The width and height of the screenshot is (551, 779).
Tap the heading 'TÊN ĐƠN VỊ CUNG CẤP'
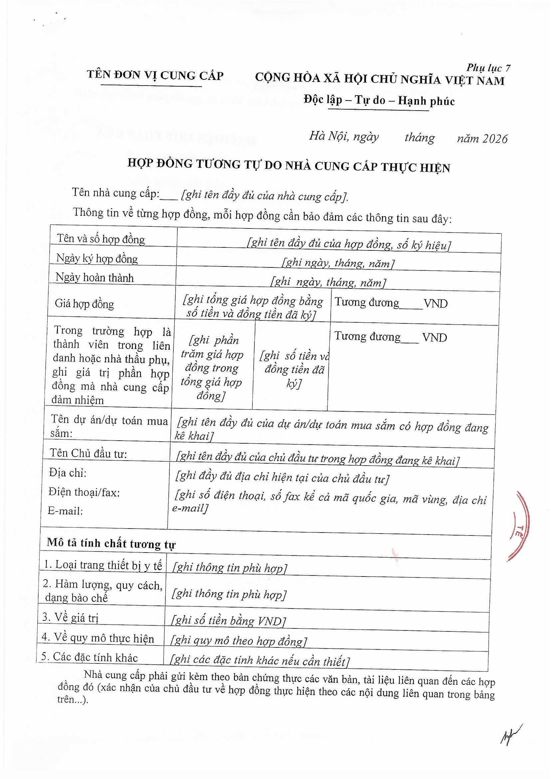coord(155,75)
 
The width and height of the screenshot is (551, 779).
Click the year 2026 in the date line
coord(495,139)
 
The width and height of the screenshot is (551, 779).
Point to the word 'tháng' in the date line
coord(419,138)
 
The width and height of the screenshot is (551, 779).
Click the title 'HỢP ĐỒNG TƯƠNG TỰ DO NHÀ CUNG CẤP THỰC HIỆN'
coord(289,166)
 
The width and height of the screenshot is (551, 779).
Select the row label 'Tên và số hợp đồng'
coord(101,239)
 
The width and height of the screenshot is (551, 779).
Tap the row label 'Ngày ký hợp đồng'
coord(97,259)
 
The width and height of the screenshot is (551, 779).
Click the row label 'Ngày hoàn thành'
coord(94,278)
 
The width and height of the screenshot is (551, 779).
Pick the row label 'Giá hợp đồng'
coord(85,303)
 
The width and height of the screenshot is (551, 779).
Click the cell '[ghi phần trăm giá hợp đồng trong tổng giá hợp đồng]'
coord(212,368)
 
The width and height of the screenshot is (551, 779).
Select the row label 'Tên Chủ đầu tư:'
coord(88,453)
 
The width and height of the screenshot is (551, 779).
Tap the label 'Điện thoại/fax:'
coord(84,492)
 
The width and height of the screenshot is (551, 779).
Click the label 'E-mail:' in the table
coord(66,511)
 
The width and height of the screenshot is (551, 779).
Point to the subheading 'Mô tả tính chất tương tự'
coord(111,544)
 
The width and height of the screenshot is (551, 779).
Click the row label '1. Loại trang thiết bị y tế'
coord(103,565)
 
